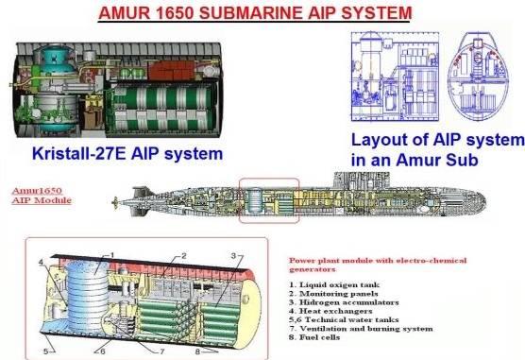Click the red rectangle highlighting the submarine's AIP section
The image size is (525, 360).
click(269, 199)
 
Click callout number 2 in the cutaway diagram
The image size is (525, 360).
click(185, 256)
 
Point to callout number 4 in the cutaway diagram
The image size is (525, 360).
click(40, 262)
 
